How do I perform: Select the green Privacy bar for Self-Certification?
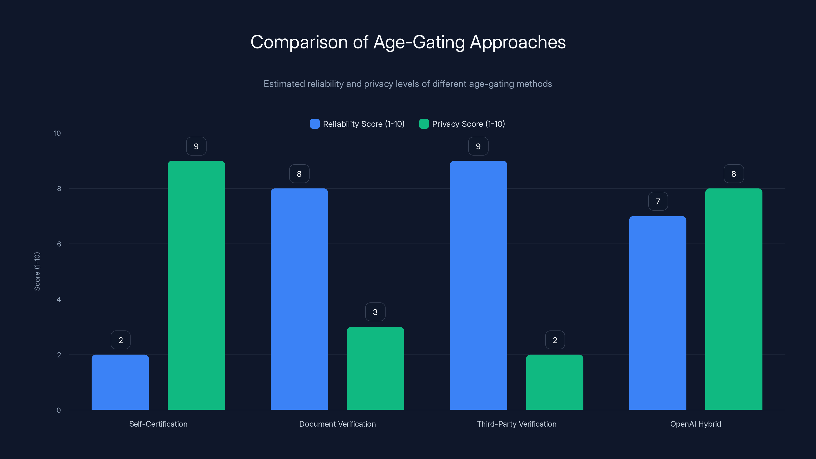click(x=196, y=285)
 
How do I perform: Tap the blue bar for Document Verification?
click(x=299, y=299)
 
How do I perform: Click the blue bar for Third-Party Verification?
click(x=478, y=285)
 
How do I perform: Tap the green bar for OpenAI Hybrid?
click(x=734, y=299)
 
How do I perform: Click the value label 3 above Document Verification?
click(x=375, y=312)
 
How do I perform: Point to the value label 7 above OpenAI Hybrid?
click(x=658, y=201)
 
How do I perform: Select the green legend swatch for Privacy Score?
click(x=424, y=124)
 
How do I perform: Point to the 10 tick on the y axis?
click(x=57, y=133)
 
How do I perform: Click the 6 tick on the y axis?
click(x=59, y=244)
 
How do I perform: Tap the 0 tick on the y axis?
click(x=59, y=410)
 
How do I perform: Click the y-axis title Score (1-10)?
click(x=37, y=272)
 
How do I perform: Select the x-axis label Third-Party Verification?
click(x=516, y=424)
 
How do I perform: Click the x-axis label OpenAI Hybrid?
click(x=695, y=424)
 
